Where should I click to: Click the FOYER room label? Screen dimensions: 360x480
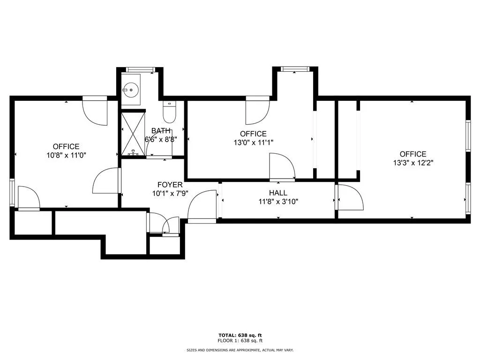click(170, 185)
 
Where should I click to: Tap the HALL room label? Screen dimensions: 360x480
click(278, 193)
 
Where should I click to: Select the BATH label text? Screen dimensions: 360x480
click(161, 131)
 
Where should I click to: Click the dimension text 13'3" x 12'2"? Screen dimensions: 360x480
click(413, 163)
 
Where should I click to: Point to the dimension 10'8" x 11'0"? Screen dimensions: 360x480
click(66, 155)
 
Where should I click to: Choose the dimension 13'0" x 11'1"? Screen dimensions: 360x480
click(253, 142)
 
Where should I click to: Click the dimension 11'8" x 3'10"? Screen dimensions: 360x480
click(278, 202)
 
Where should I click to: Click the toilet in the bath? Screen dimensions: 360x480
click(168, 112)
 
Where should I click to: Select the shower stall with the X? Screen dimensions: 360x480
click(134, 134)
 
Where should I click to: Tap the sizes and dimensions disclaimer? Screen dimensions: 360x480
click(240, 350)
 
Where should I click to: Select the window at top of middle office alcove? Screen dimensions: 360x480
click(295, 69)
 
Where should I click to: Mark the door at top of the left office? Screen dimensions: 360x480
click(95, 110)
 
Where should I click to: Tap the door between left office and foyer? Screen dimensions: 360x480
click(107, 180)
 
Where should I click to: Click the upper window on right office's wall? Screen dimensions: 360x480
click(468, 136)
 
